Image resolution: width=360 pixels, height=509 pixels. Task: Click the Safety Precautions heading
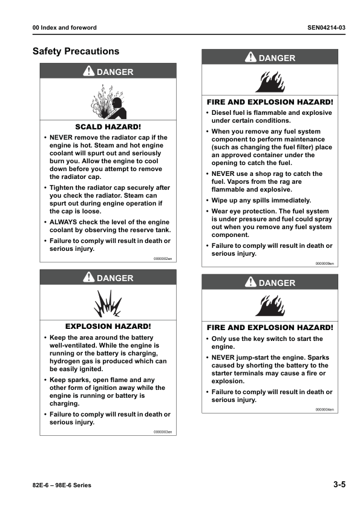(x=76, y=51)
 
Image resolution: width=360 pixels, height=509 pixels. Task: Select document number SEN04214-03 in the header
(x=326, y=28)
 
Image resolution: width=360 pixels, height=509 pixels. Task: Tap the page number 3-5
(x=339, y=485)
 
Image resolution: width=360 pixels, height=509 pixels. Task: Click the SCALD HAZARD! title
(x=108, y=127)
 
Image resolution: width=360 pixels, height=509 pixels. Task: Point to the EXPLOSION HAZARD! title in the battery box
(x=108, y=326)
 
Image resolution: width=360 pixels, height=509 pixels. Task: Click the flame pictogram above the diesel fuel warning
(x=270, y=81)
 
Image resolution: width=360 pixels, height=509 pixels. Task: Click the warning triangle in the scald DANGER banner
(x=88, y=71)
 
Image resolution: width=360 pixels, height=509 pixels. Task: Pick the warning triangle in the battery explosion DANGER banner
(x=88, y=278)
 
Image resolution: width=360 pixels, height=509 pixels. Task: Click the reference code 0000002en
(x=163, y=258)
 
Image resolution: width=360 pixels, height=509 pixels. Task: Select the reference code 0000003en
(x=163, y=432)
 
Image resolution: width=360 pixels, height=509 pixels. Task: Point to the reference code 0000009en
(x=324, y=263)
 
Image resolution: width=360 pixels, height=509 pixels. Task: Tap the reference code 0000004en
(x=324, y=409)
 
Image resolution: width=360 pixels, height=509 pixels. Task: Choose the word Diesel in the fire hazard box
(x=222, y=112)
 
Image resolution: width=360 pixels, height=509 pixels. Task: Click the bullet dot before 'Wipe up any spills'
(x=208, y=201)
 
